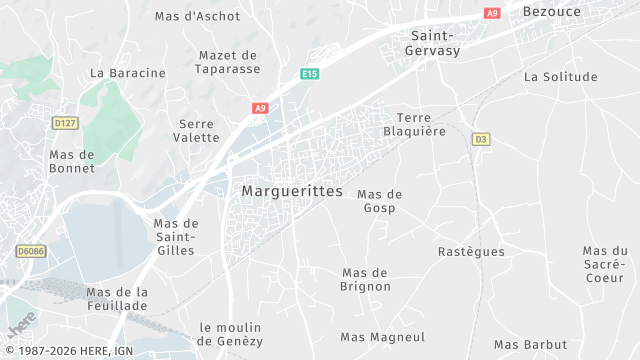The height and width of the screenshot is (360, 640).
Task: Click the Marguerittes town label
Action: (292, 191)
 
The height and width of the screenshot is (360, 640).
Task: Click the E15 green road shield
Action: (310, 74)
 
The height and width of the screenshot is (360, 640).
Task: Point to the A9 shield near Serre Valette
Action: (260, 108)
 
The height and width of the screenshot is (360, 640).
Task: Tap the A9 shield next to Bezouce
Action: (491, 13)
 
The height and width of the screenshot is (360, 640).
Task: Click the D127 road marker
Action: (65, 122)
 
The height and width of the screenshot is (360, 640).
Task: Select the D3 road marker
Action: (480, 139)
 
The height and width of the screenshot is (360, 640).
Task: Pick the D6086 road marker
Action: (30, 251)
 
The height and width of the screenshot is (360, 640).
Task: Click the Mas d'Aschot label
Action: (198, 17)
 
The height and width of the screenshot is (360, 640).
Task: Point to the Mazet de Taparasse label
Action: (229, 62)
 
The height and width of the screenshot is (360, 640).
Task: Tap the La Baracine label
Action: (127, 73)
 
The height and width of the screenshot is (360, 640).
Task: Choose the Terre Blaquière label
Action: (414, 124)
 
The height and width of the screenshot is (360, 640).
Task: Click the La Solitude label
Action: (560, 77)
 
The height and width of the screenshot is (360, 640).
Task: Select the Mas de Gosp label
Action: (379, 201)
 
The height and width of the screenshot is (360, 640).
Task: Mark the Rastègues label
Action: (471, 252)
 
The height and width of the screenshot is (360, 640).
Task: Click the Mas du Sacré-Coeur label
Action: (605, 264)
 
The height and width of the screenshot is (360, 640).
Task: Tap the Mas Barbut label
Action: (530, 344)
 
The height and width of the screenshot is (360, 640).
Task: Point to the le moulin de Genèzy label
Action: (231, 334)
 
